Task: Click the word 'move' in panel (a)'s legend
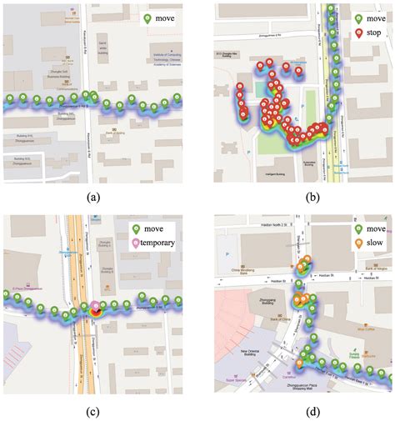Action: coord(164,18)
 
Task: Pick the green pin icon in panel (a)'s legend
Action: coord(146,18)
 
